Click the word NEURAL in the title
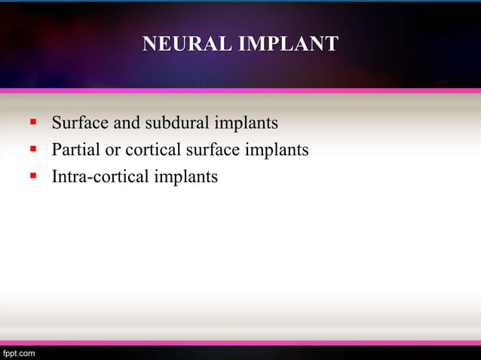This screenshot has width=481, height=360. pos(187,44)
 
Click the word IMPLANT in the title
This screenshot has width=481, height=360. pos(288,44)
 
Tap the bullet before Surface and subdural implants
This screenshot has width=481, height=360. pos(33,122)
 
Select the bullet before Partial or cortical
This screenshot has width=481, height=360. pos(33,150)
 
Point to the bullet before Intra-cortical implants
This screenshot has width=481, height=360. pos(33,178)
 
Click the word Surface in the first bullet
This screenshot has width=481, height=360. pos(79,122)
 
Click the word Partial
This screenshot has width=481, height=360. pos(75,150)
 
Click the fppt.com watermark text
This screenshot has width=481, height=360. pos(18,352)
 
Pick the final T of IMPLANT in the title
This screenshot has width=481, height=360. pos(332,44)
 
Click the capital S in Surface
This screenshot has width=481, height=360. pos(56,122)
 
